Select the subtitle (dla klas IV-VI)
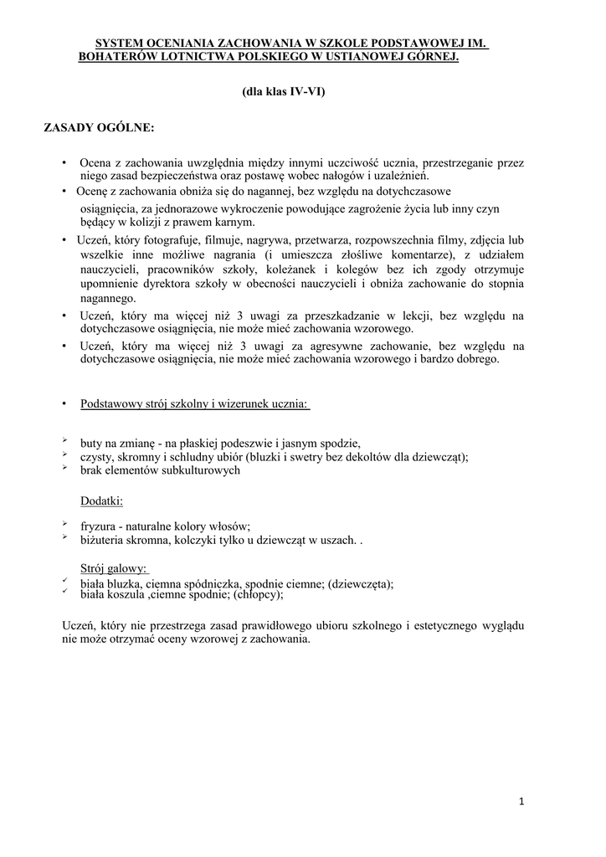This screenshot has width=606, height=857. click(x=282, y=92)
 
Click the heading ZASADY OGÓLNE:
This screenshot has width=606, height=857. click(x=99, y=128)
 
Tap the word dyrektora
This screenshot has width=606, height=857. click(x=159, y=284)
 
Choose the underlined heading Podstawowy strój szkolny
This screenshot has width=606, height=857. click(x=194, y=404)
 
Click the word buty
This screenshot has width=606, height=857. click(x=91, y=442)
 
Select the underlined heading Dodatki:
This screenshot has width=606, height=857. click(x=101, y=500)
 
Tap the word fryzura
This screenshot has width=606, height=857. click(x=98, y=526)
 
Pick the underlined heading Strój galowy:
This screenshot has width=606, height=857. click(x=114, y=568)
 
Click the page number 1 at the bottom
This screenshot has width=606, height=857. click(x=521, y=802)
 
